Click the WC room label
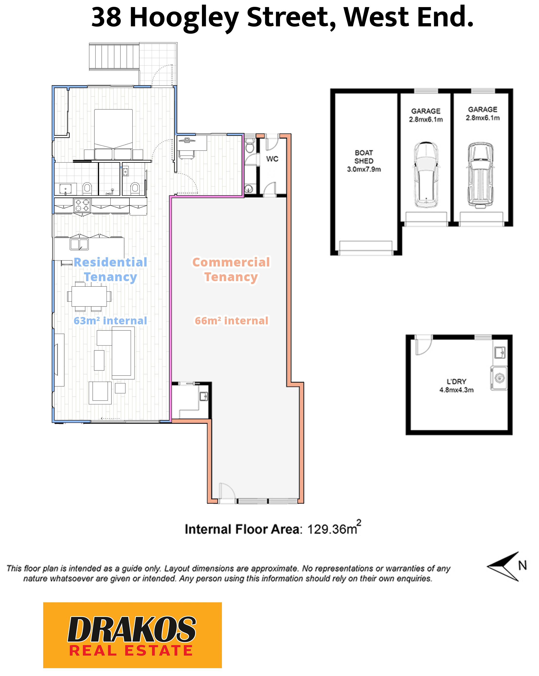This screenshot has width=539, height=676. pyautogui.click(x=272, y=159)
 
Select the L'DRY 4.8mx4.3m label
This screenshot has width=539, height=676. pyautogui.click(x=456, y=386)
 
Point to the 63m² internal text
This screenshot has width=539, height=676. pyautogui.click(x=110, y=321)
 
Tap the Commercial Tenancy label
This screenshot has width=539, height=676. pyautogui.click(x=231, y=270)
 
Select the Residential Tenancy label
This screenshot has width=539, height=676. pyautogui.click(x=110, y=270)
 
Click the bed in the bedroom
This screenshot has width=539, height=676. pyautogui.click(x=113, y=132)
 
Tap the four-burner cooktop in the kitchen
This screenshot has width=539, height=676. pyautogui.click(x=82, y=205)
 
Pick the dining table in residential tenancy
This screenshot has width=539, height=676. pyautogui.click(x=89, y=296)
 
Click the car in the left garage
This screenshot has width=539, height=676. pyautogui.click(x=426, y=175)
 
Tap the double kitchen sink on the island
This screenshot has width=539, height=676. pyautogui.click(x=79, y=244)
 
